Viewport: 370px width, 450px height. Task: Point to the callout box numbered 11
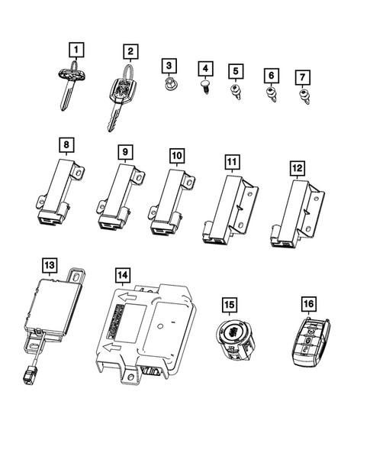(231, 163)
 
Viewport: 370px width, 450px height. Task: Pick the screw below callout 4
(206, 87)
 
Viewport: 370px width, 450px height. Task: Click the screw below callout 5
(236, 92)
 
